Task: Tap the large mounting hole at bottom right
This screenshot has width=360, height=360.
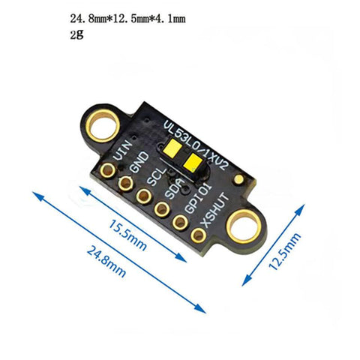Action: coord(244,223)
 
